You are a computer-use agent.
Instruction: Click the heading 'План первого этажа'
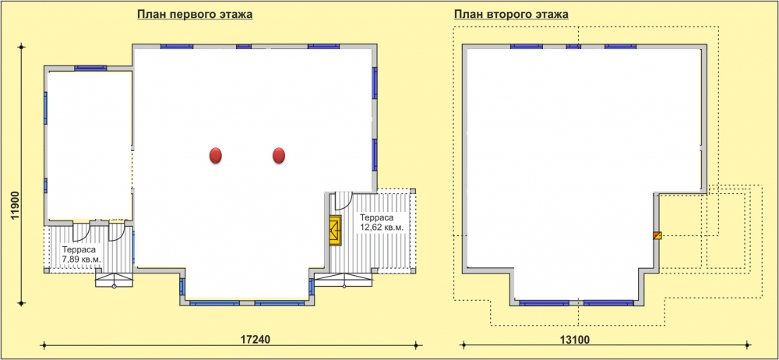click(195, 15)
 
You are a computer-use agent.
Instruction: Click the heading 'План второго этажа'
click(511, 15)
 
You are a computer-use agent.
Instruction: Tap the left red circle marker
click(215, 156)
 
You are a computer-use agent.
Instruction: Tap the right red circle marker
click(279, 156)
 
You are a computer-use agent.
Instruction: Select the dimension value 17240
click(255, 340)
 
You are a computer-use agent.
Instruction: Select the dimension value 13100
click(575, 340)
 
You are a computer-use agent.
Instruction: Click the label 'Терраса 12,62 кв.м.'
click(381, 222)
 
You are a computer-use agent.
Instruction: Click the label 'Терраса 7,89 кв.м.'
click(82, 255)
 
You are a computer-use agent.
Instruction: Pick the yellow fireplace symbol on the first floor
click(335, 230)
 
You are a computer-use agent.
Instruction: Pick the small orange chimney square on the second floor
click(657, 235)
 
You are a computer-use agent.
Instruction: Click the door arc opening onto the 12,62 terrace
click(344, 201)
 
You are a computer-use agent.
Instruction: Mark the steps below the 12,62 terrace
click(344, 280)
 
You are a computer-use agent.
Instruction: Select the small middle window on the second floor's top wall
click(573, 47)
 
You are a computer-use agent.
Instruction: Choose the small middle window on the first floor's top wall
click(243, 47)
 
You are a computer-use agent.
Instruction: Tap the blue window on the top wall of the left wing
click(90, 68)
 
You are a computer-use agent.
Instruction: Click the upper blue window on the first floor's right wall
click(375, 83)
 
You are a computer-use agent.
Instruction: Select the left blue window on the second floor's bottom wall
click(545, 303)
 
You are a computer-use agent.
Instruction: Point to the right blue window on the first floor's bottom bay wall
click(280, 303)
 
